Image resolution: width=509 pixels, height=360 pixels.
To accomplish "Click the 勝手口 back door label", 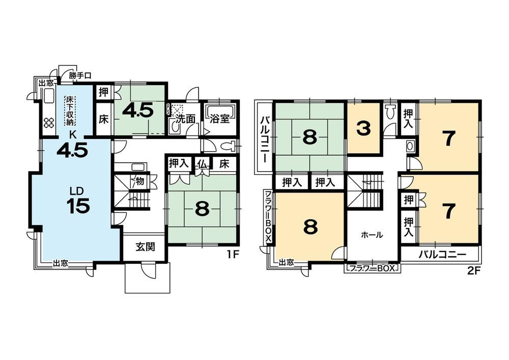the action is click(80, 76).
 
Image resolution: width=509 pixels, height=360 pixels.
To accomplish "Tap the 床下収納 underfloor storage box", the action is click(69, 110).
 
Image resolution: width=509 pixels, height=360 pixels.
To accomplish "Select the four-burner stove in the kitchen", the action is click(49, 122).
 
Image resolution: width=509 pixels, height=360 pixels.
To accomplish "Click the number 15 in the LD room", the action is click(78, 206).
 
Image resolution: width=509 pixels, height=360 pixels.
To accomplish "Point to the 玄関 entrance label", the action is click(145, 247).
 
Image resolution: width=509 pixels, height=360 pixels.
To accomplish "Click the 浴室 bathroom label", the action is click(220, 119).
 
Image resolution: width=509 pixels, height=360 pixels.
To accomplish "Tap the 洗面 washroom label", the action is click(185, 119).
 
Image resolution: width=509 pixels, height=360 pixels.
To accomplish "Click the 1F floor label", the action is click(233, 254).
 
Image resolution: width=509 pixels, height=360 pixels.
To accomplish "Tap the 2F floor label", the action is click(473, 270).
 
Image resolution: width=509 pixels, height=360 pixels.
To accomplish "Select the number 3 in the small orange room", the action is click(363, 129).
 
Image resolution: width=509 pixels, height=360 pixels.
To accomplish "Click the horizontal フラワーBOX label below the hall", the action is click(373, 268).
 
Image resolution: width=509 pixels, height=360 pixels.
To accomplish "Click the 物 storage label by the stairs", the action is click(140, 180).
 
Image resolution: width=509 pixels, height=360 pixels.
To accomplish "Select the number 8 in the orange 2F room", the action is click(310, 227).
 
